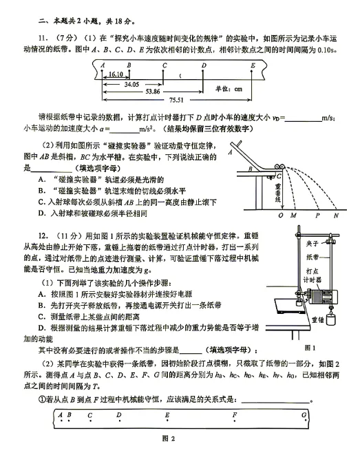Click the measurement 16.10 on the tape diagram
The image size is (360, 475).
click(116, 74)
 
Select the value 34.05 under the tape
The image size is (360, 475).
click(131, 85)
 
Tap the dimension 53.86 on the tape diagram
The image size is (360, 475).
click(153, 92)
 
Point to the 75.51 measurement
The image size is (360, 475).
click(176, 100)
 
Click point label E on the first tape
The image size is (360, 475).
click(253, 65)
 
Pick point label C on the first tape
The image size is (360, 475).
click(165, 65)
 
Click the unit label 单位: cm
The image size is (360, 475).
click(229, 89)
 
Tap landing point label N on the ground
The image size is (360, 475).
click(336, 215)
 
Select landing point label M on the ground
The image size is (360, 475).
click(293, 215)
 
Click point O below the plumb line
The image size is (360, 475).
click(281, 215)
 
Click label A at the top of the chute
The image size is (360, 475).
click(231, 152)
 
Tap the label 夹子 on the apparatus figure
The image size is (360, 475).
click(312, 244)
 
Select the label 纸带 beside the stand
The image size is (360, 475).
click(312, 257)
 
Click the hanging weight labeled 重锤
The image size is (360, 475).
click(332, 319)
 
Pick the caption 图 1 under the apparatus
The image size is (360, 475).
click(310, 348)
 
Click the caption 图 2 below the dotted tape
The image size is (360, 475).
click(168, 439)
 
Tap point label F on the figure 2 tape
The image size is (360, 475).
click(235, 414)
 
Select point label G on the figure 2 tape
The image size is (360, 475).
click(304, 414)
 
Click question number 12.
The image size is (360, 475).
click(43, 236)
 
